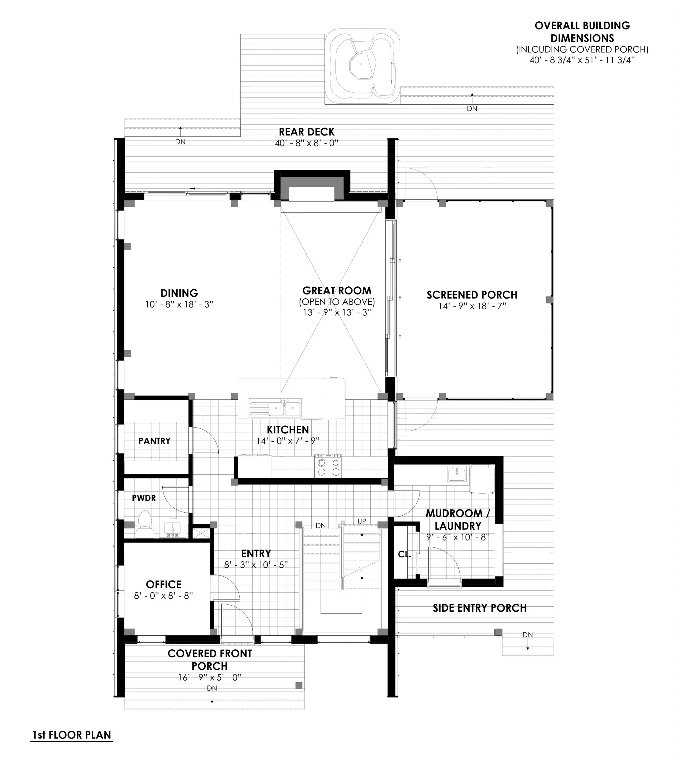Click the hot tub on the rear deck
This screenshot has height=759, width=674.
362,67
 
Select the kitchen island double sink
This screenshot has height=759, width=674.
285,409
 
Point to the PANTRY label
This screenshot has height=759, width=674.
154,441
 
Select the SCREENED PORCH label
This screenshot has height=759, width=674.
472,295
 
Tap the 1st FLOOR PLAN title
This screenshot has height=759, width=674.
71,735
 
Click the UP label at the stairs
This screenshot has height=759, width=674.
361,521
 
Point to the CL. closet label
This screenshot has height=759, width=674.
404,555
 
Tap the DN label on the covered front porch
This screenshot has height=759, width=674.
212,688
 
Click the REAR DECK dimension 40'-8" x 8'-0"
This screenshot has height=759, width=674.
307,143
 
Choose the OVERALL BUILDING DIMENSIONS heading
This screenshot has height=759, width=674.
582,32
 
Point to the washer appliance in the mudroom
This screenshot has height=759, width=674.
482,480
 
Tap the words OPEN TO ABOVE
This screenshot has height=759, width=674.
337,302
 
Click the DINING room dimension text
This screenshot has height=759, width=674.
179,304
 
